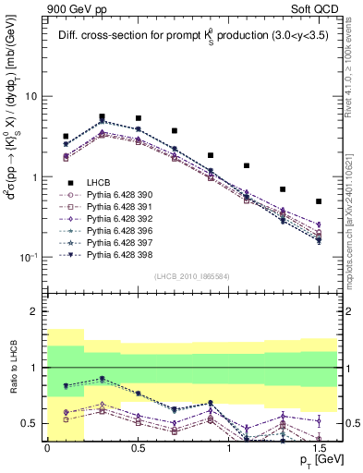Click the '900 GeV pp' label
[x=73, y=8]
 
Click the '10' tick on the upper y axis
[x=30, y=97]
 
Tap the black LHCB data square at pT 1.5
[x=319, y=201]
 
